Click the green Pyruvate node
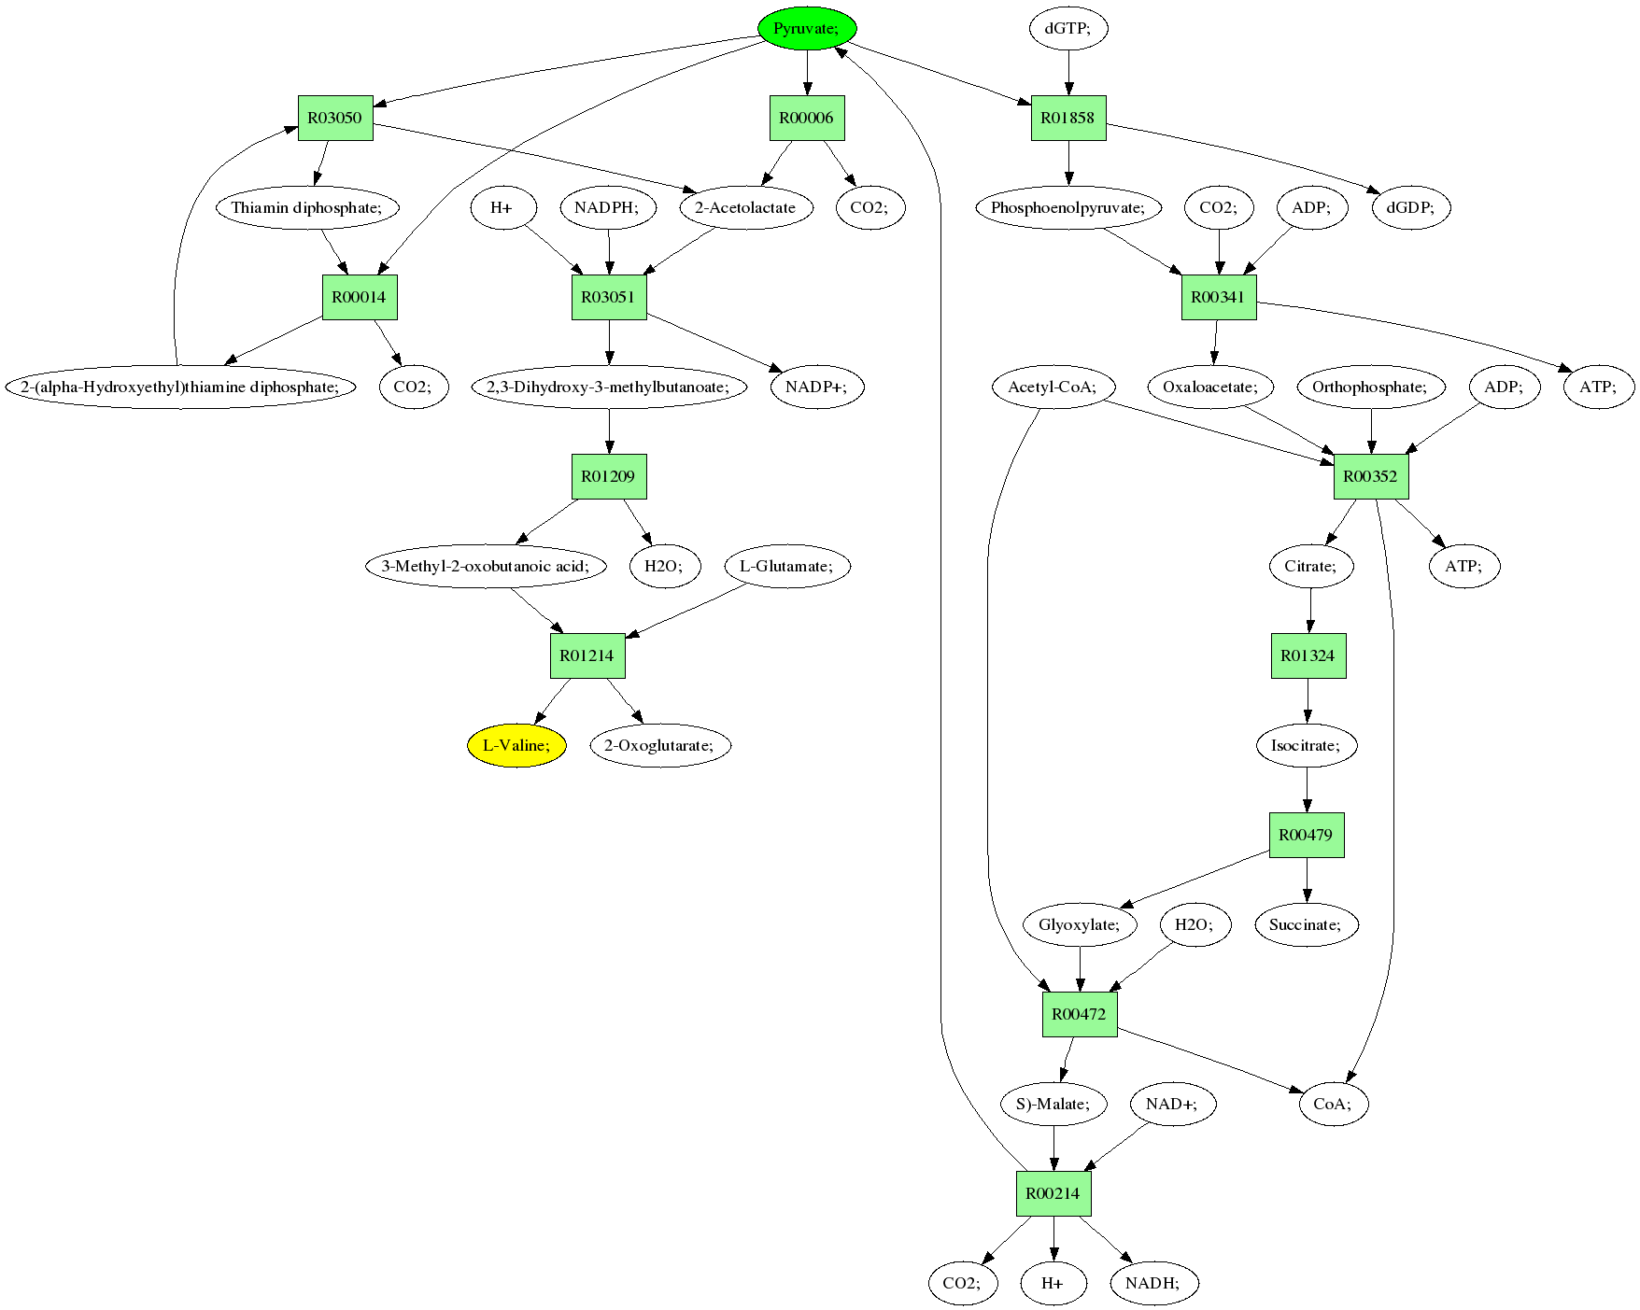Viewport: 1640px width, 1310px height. pos(807,29)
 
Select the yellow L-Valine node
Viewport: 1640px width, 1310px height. pos(516,745)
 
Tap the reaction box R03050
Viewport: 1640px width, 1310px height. pos(335,119)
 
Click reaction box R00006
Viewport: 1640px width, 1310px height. pos(807,119)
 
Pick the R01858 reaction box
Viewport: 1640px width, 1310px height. pos(1068,119)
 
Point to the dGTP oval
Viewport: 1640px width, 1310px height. pos(1068,29)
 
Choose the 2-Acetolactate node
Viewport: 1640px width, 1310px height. pos(746,207)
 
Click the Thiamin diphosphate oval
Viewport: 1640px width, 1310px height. pos(307,207)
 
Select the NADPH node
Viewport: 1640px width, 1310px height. pos(607,207)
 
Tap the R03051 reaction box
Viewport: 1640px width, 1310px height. pos(609,297)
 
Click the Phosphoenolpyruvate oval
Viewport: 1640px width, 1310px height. pos(1068,207)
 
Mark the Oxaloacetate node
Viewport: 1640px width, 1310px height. pos(1210,387)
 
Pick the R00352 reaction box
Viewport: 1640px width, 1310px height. pos(1371,476)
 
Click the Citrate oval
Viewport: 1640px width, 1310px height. pos(1310,566)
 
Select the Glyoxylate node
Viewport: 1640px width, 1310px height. pos(1080,924)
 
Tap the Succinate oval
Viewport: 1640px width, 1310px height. pos(1306,924)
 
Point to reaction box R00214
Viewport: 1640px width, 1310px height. pos(1053,1193)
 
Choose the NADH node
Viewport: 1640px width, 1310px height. pos(1153,1283)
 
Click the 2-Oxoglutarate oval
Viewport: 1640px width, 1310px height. pos(660,745)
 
